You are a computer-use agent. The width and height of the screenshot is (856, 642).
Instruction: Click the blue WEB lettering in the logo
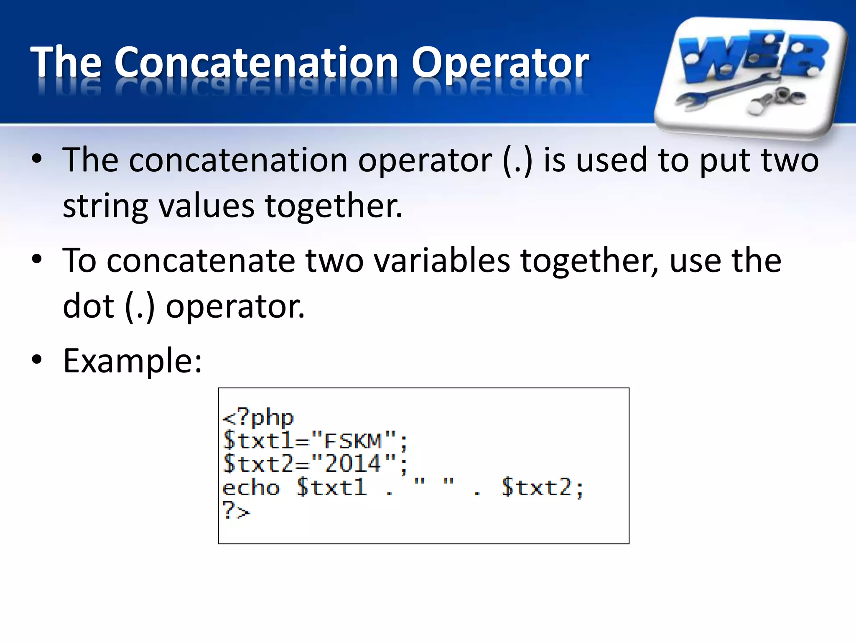tap(752, 56)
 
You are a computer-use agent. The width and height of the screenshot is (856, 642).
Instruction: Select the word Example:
tap(132, 361)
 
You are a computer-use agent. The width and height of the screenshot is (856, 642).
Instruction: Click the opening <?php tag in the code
tap(258, 417)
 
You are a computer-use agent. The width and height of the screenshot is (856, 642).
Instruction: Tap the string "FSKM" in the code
tap(354, 441)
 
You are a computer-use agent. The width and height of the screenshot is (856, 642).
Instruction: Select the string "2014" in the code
tap(354, 464)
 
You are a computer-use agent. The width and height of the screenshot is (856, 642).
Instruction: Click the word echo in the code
tap(251, 487)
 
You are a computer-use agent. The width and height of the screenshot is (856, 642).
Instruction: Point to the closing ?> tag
tap(236, 511)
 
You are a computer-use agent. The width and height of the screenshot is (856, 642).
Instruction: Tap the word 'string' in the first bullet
tap(105, 206)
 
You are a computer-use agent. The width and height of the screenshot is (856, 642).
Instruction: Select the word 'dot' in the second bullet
tap(88, 306)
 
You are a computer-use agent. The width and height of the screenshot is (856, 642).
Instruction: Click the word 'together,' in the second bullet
tap(589, 261)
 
